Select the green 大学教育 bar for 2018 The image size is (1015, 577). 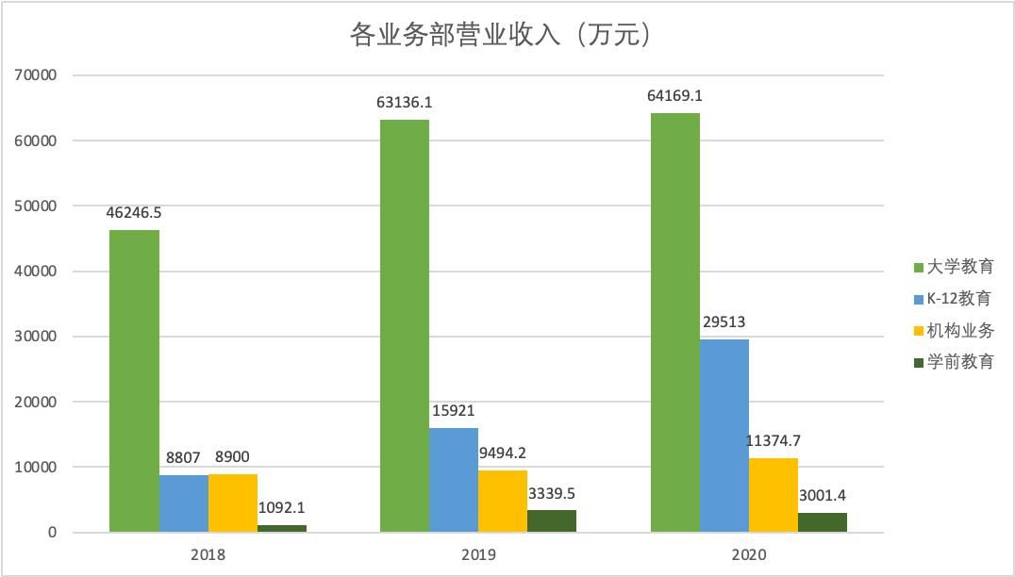point(135,381)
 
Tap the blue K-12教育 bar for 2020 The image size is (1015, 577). point(724,436)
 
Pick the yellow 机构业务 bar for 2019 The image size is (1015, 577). point(503,501)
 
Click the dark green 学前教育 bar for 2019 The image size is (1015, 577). point(552,521)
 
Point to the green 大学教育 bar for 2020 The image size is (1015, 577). point(675,322)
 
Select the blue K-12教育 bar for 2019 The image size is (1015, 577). point(454,480)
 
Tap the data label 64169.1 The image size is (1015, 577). point(675,96)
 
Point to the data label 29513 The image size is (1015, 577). point(724,322)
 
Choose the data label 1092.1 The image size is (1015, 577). point(282,507)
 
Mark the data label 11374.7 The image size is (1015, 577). point(774,441)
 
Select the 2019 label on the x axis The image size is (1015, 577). point(478,555)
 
